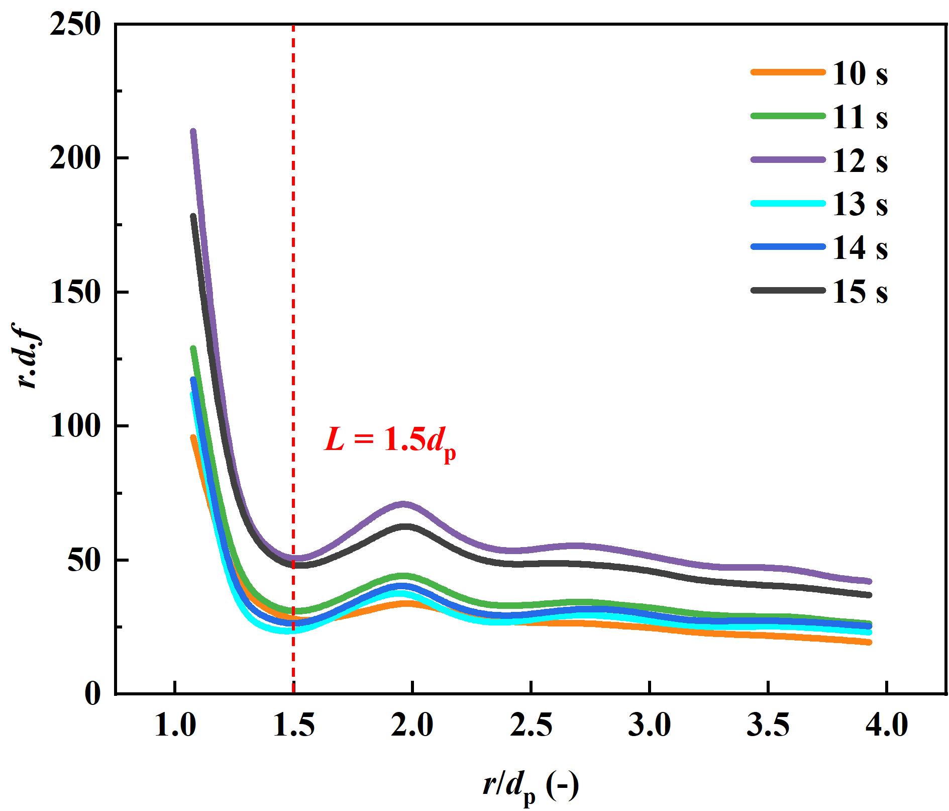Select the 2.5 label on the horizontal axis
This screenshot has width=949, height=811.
click(x=531, y=727)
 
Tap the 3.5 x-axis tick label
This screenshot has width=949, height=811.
click(x=768, y=727)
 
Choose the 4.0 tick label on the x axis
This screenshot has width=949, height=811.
click(x=887, y=727)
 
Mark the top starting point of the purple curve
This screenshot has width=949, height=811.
click(x=193, y=132)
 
